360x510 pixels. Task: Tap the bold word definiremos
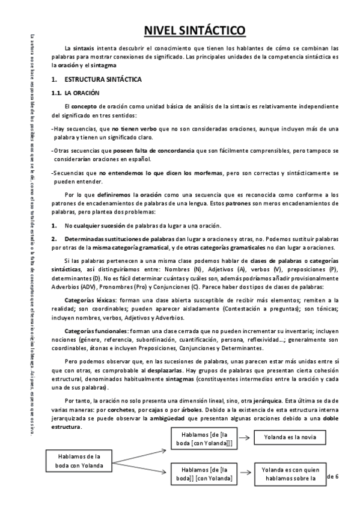pyautogui.click(x=112, y=195)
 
